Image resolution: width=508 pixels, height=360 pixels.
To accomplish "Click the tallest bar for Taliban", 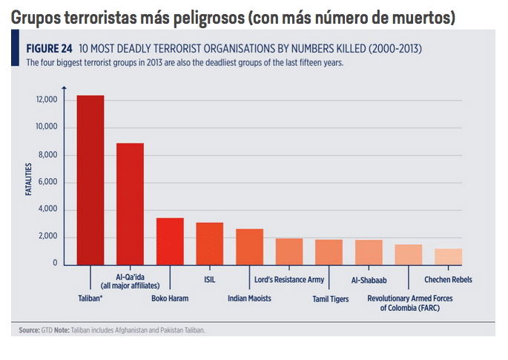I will click(x=90, y=180).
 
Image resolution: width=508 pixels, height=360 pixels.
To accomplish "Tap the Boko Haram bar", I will click(x=170, y=241).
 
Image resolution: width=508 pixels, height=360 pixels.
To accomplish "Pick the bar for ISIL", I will click(x=209, y=243).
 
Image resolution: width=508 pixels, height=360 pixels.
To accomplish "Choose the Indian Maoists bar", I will click(x=249, y=246).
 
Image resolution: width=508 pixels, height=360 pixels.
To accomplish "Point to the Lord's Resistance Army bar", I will click(x=289, y=252).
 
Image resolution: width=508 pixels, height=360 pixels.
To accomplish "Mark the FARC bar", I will click(x=409, y=255).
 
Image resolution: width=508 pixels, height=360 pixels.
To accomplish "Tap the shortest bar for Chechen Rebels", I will click(x=448, y=257).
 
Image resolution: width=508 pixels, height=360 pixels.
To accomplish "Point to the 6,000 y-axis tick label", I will click(x=47, y=183).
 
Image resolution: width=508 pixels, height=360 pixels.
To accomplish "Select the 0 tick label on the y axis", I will click(x=55, y=264).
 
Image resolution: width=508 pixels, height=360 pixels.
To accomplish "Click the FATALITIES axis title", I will click(x=29, y=182).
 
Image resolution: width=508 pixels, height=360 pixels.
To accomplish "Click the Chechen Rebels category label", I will click(x=448, y=280).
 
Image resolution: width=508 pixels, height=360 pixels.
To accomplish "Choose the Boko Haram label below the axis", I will click(x=170, y=298).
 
